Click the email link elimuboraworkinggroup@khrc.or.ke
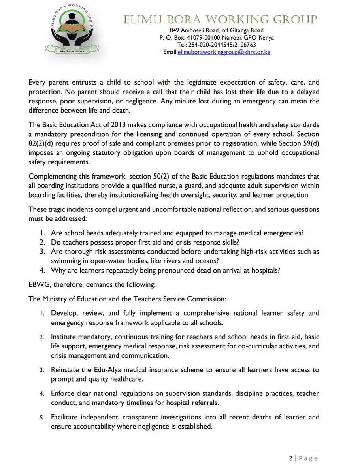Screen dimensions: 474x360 click(224, 52)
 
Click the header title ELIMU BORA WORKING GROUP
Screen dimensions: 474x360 click(220, 19)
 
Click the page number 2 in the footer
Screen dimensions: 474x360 click(291, 458)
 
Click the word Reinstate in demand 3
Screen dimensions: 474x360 click(65, 370)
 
